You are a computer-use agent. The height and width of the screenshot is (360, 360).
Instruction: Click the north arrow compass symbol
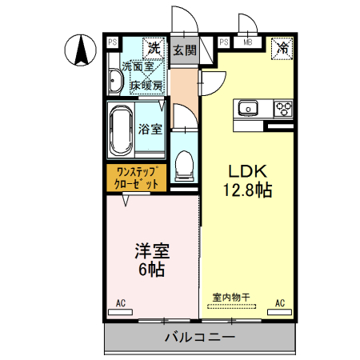(81, 50)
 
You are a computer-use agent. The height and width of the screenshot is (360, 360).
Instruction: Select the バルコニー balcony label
(200, 338)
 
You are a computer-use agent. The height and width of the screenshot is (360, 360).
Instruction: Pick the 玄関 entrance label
(184, 50)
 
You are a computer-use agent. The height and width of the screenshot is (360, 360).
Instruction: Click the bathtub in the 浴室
(121, 129)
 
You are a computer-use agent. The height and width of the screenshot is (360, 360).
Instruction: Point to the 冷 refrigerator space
(282, 47)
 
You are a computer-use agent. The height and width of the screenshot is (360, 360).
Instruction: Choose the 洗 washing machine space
(152, 47)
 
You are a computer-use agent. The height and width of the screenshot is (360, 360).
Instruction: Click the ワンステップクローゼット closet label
(137, 177)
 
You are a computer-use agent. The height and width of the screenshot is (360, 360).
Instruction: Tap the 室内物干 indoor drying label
(231, 297)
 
